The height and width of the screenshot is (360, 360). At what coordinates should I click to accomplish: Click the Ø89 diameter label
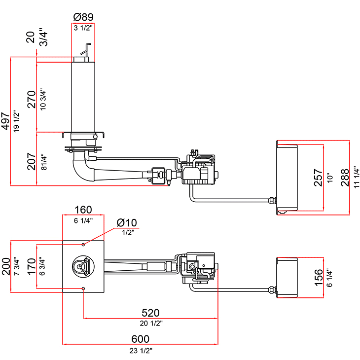tap(83, 17)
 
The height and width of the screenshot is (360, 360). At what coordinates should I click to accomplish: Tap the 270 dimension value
tap(31, 99)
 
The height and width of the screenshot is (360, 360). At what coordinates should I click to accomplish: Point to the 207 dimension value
tap(31, 161)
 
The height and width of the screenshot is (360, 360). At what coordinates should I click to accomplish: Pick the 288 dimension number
tap(344, 177)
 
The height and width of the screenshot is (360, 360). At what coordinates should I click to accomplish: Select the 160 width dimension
tap(83, 210)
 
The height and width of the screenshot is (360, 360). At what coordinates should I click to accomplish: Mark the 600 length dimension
tap(140, 339)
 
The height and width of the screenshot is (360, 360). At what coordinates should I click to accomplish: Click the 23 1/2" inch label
tap(140, 351)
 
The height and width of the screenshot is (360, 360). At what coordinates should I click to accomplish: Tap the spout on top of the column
tap(85, 50)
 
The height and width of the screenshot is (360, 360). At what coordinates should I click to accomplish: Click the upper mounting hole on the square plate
tap(83, 245)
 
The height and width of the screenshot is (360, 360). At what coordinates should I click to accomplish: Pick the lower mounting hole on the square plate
tap(83, 288)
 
